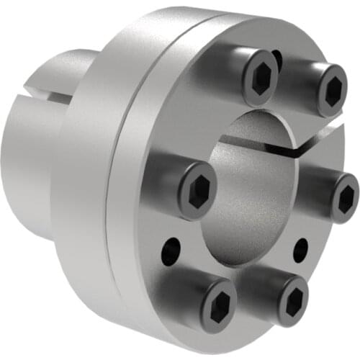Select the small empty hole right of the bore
pos(301,249)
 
